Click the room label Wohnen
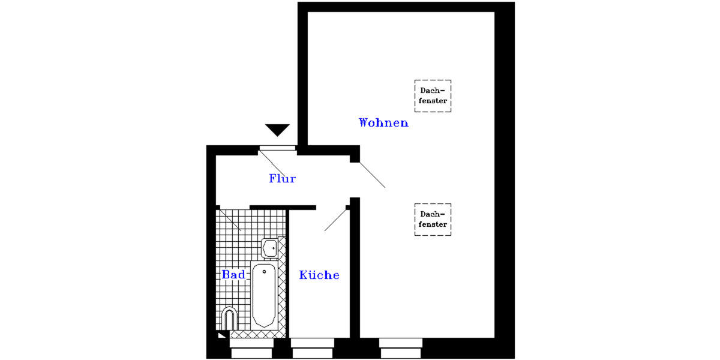tap(383, 123)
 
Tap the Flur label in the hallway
tap(282, 179)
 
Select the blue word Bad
tap(233, 275)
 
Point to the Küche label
tap(319, 275)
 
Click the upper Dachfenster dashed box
tap(433, 96)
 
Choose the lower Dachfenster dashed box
tap(433, 220)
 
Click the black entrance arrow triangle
tap(277, 130)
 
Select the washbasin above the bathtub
tap(269, 247)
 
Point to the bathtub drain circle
tap(264, 272)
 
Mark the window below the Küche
tap(312, 349)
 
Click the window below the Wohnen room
tap(400, 349)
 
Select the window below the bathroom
tap(251, 349)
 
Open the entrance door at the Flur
tap(277, 148)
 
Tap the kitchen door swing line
tap(335, 220)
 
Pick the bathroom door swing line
tap(230, 220)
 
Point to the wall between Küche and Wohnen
tap(354, 270)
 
